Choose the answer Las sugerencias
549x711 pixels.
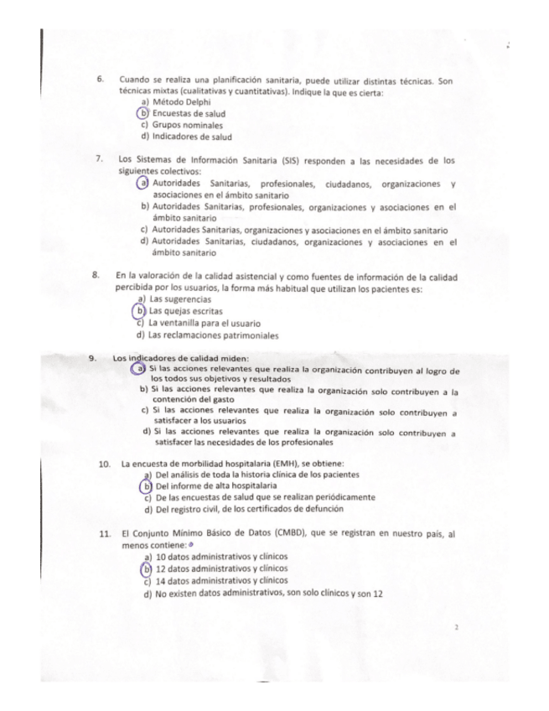tap(179, 299)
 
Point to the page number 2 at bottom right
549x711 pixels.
tap(454, 626)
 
